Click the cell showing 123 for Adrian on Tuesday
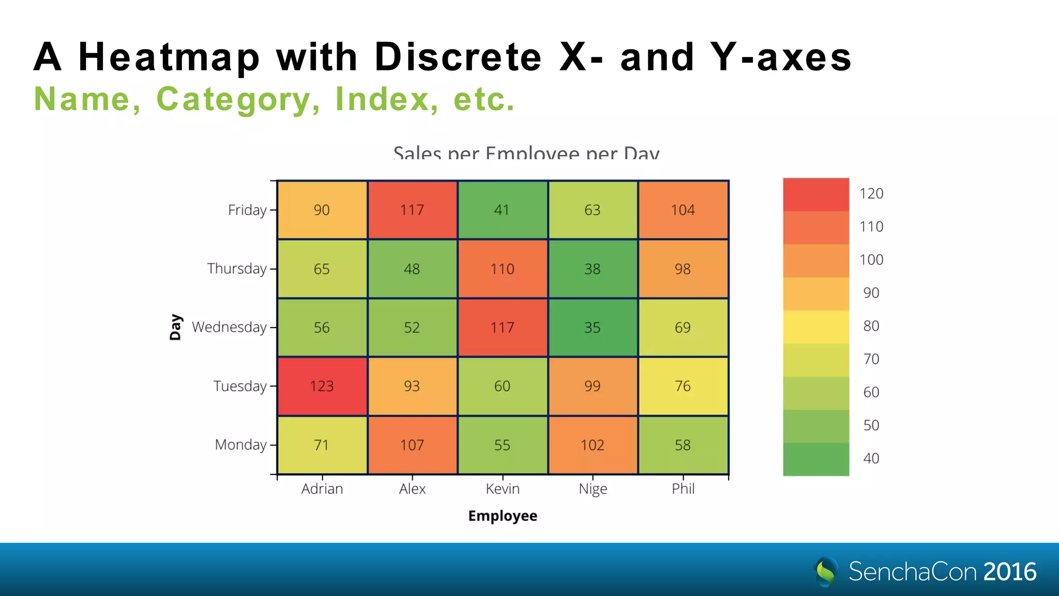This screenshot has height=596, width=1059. (x=322, y=386)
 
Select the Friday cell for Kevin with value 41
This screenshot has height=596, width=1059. (x=502, y=210)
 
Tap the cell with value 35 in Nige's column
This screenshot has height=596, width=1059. (x=593, y=327)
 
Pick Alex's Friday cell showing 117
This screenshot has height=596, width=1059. (x=412, y=210)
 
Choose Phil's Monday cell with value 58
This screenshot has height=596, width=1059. (x=683, y=445)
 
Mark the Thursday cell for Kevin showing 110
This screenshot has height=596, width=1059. (x=502, y=269)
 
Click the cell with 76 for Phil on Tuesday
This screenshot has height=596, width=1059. (x=683, y=386)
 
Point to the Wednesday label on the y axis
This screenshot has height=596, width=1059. (x=229, y=327)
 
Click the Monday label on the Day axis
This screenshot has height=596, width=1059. (x=240, y=445)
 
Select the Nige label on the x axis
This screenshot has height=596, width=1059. (x=593, y=489)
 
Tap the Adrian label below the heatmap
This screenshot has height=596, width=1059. (x=322, y=489)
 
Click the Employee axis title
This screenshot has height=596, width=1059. (x=503, y=516)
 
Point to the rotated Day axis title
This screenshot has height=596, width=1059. (x=176, y=327)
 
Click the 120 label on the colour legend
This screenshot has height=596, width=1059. (x=871, y=193)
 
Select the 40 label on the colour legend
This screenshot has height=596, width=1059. (x=871, y=458)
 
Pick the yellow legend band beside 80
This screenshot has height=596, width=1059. (x=816, y=326)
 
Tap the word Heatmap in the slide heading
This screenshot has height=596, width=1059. (x=169, y=57)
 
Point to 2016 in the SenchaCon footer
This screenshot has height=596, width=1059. (x=1009, y=572)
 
